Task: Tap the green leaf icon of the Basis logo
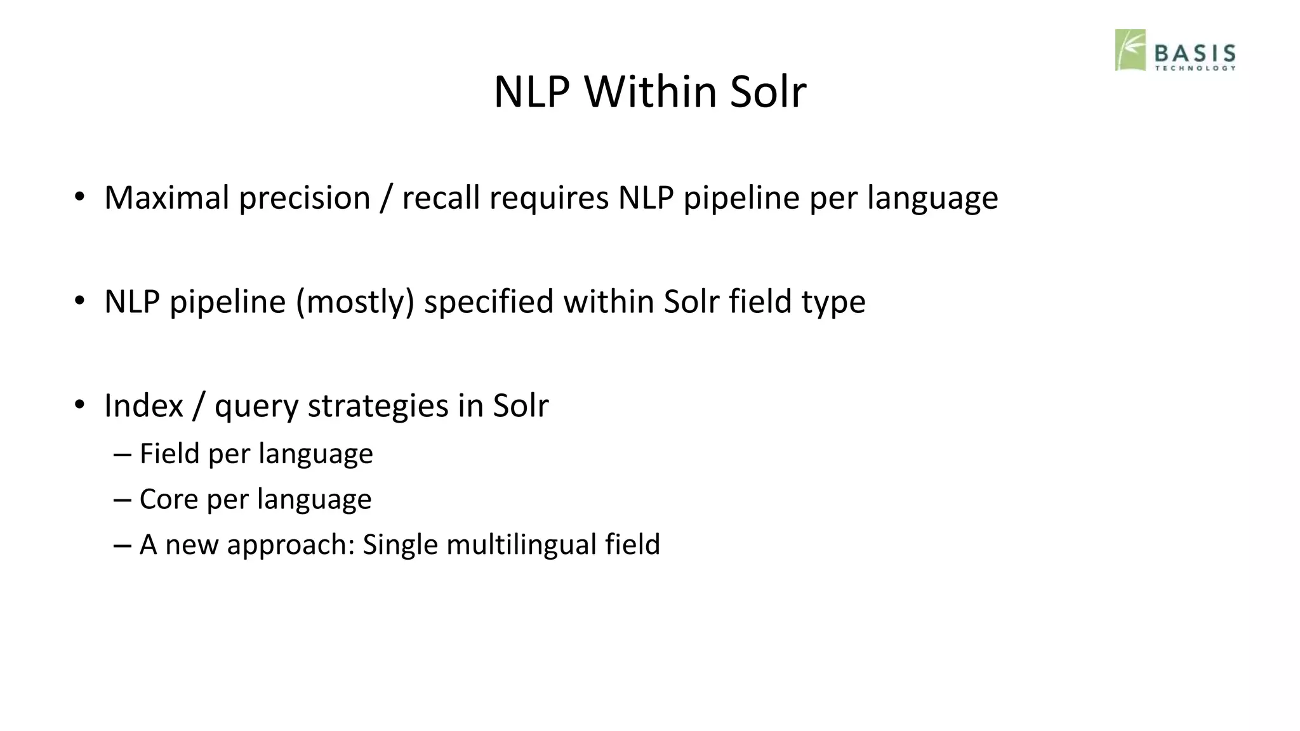(x=1131, y=49)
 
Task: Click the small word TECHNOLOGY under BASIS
(x=1195, y=68)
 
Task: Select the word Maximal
(x=166, y=197)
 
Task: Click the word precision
(x=304, y=197)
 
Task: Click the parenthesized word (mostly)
(x=355, y=301)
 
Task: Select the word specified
(x=489, y=301)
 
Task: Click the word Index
(x=143, y=405)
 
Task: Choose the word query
(x=256, y=407)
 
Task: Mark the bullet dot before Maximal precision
(x=79, y=197)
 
